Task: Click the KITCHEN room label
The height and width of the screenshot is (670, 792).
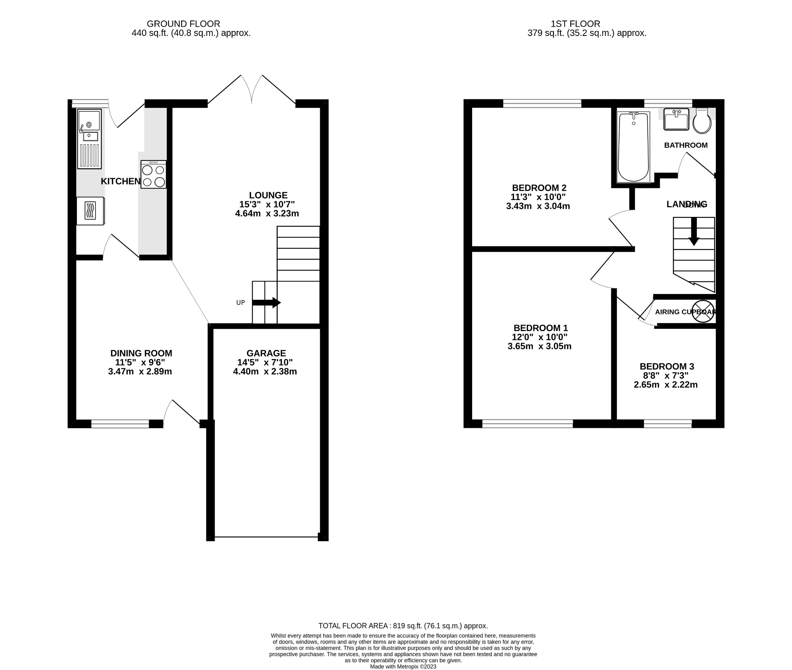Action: pos(120,181)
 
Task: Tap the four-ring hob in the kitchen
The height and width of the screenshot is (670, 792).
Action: pos(154,175)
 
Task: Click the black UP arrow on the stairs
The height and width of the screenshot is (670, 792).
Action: pos(267,303)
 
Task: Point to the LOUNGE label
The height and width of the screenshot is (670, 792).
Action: pos(268,195)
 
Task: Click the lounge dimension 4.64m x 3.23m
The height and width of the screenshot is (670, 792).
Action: pos(267,214)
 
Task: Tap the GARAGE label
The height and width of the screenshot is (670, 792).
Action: pos(266,353)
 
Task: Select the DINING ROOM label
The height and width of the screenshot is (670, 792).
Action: pos(141,353)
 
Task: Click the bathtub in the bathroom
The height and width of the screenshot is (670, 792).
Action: pos(633,147)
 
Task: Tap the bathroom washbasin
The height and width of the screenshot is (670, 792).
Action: pos(676,119)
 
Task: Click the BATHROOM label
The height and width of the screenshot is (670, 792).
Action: pos(686,145)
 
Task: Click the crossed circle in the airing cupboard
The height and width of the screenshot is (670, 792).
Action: pos(703,311)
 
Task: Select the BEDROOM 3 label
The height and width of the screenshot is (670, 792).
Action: pos(667,366)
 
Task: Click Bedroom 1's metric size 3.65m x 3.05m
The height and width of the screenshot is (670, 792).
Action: pos(539,347)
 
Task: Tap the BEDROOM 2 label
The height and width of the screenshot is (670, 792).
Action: pos(539,188)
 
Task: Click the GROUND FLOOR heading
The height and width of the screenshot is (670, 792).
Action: pos(183,24)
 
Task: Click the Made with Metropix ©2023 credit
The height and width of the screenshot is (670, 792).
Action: pos(403,667)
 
